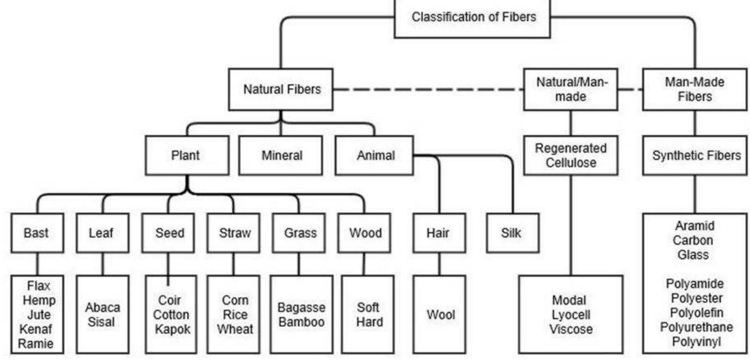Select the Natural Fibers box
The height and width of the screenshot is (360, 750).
coord(283,90)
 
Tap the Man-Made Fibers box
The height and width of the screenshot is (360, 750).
coord(694,90)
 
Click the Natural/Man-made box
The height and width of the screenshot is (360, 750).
coord(571,90)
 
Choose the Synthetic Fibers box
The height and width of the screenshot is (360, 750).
coord(696,156)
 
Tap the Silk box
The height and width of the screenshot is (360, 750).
coord(510,233)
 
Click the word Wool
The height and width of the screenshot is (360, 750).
coord(441,315)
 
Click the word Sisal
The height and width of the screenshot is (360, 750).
coord(102,322)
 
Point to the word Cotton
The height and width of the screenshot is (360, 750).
coord(171,315)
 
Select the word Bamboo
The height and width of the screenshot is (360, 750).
coord(301,322)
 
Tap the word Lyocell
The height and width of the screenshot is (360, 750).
coord(570,315)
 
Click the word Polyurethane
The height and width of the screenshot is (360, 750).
coord(694,326)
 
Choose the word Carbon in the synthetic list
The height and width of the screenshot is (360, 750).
coord(695,240)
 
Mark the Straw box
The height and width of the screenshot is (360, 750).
coord(235,233)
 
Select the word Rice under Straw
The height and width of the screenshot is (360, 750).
coord(235,315)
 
